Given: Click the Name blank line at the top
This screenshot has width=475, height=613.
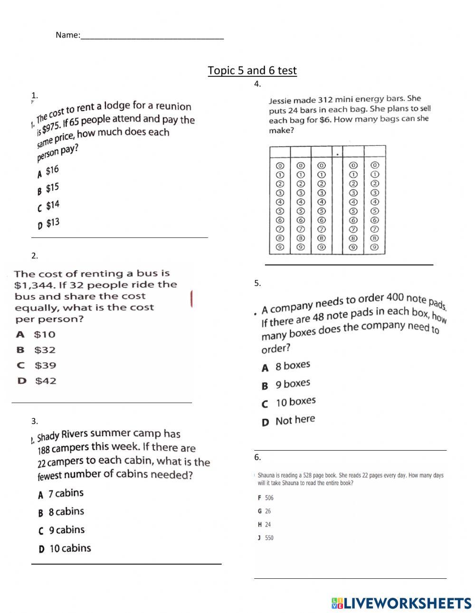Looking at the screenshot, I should pyautogui.click(x=152, y=36).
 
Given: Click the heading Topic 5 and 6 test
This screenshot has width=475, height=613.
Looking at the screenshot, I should pyautogui.click(x=252, y=71).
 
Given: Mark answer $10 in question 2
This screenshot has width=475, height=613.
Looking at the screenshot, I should pyautogui.click(x=44, y=334).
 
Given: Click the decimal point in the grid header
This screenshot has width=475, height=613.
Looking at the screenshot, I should pyautogui.click(x=337, y=154).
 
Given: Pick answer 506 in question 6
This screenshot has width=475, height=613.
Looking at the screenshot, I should pyautogui.click(x=269, y=498).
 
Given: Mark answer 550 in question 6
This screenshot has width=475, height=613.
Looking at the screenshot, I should pyautogui.click(x=269, y=538).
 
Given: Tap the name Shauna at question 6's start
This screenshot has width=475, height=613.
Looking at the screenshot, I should pyautogui.click(x=267, y=475).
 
